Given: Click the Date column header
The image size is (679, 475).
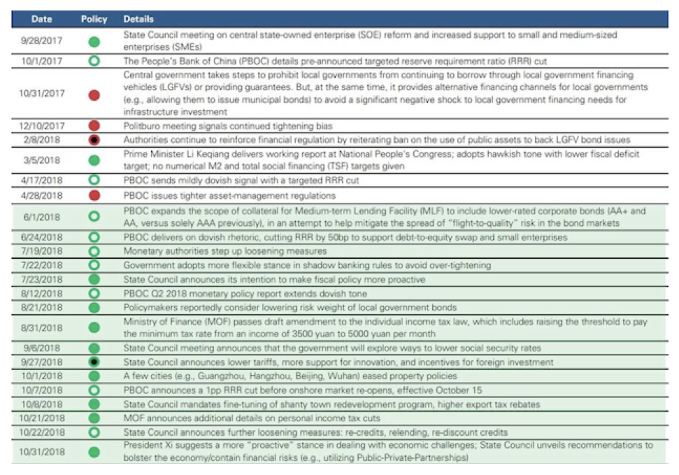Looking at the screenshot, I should (x=41, y=19).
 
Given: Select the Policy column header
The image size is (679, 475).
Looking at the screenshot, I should (x=94, y=19).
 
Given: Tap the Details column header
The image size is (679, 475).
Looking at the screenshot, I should (x=138, y=19).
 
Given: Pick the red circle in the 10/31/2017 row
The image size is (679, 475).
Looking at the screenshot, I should (x=94, y=95).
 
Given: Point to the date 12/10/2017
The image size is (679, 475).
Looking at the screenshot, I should (x=42, y=126).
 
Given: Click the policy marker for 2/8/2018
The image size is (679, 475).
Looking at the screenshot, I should (x=94, y=140).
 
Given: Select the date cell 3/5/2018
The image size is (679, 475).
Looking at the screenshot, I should (x=42, y=160).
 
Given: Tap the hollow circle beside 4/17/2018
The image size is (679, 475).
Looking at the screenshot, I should (x=94, y=180).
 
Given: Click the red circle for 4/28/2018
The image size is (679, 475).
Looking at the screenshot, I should (x=94, y=195).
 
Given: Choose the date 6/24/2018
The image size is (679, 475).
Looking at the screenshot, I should (x=42, y=237).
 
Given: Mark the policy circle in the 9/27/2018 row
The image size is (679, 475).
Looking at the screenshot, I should (x=94, y=362).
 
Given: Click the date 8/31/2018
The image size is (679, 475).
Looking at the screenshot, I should (x=42, y=327).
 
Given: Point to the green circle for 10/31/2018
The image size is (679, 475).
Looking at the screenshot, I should (x=94, y=451).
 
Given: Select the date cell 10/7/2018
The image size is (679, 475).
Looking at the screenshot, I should (x=42, y=390).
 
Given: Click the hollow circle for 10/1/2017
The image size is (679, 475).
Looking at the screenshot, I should (x=94, y=61).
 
